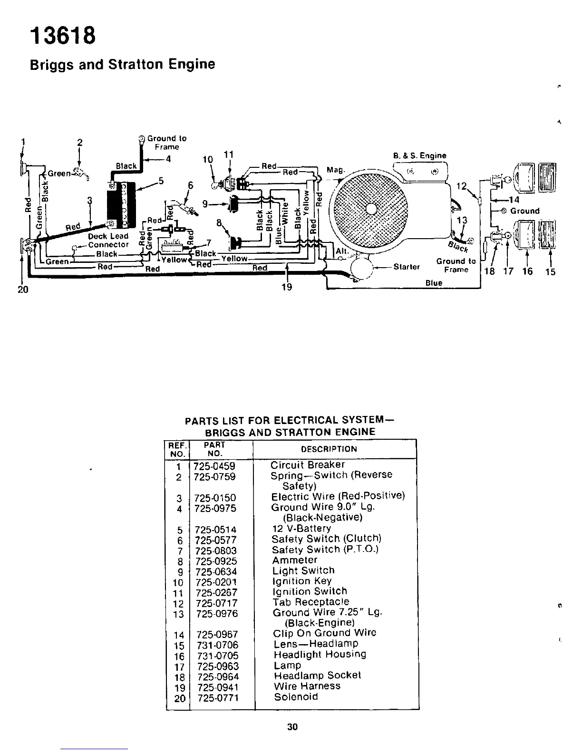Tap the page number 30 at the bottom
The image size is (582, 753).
pos(292,726)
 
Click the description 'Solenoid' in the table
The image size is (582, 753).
pos(296,697)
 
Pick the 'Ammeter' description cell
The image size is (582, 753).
pos(294,560)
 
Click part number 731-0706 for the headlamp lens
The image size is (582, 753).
pos(217,645)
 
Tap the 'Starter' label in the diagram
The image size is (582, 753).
pos(407,267)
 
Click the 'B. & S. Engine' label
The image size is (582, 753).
pos(419,155)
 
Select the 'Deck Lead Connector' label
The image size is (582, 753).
pos(108,241)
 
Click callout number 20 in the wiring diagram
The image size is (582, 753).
pos(23,289)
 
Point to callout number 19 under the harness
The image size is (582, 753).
pos(286,287)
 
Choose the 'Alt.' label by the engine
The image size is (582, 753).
pos(342,251)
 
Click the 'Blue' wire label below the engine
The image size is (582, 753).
pos(434,283)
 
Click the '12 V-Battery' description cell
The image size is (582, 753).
pos(301,529)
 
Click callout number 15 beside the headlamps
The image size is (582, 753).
pos(550,272)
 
